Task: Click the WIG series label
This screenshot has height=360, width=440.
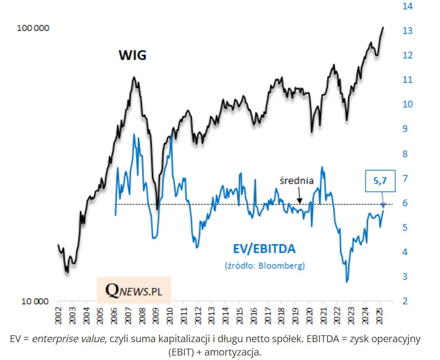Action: coord(132,54)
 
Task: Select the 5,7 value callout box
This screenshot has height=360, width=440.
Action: coord(380,182)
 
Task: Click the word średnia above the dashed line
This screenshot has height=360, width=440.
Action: coord(296,181)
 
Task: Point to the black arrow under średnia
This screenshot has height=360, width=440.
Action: coord(299,197)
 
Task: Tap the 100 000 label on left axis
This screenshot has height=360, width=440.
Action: coord(33,29)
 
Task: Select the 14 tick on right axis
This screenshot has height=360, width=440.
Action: coord(408,6)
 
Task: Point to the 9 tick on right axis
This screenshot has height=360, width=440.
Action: coord(406,129)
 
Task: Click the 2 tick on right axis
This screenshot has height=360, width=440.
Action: coord(406,301)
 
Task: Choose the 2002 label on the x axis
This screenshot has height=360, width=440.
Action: coord(58,313)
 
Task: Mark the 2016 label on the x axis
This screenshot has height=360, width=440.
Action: coord(252,313)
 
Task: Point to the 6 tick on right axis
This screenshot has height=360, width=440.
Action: coord(406,203)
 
